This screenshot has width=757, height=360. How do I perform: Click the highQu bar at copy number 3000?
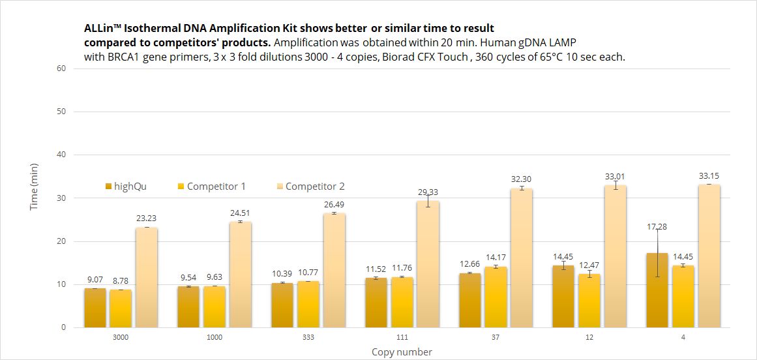point(95,308)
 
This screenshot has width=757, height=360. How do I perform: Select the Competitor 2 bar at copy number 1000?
point(240,275)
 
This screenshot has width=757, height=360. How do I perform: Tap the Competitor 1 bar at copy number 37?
point(496,297)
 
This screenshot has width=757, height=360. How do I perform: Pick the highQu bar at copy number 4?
point(657,290)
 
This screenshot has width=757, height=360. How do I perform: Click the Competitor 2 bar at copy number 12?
point(616,256)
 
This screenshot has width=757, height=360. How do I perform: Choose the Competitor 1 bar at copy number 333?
point(308,304)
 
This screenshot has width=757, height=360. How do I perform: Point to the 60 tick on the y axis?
point(62,68)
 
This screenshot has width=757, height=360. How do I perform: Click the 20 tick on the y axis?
point(62,241)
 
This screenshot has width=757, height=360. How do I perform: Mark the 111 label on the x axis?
point(402,338)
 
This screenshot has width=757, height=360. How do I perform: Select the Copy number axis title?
point(402,352)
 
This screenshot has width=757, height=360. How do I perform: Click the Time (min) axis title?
point(34,187)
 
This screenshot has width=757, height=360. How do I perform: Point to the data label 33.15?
point(709,176)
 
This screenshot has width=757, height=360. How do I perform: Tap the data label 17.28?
point(657,227)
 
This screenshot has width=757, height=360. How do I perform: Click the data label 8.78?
point(121,281)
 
